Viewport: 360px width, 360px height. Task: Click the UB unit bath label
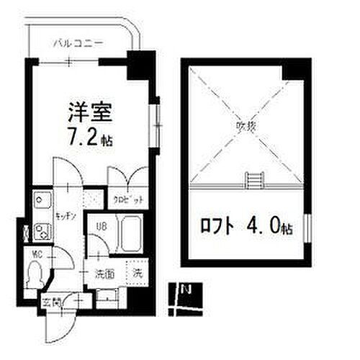(x=102, y=226)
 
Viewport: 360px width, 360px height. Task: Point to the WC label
(x=36, y=253)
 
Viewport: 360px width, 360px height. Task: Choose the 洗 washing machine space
(x=137, y=273)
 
